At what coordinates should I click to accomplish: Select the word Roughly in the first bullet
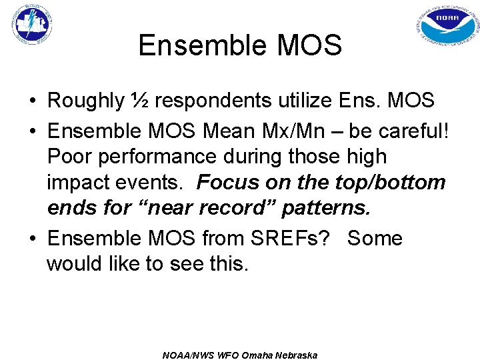pyautogui.click(x=85, y=101)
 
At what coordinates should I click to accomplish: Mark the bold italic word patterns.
pyautogui.click(x=326, y=209)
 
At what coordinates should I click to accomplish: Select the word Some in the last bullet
pyautogui.click(x=375, y=238)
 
